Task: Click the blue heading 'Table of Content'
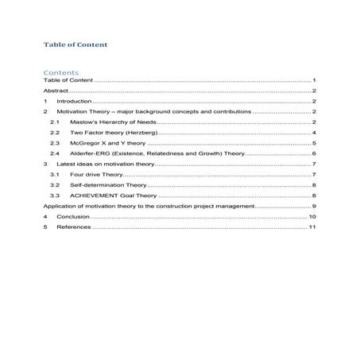coord(76,45)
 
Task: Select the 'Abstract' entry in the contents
coord(56,91)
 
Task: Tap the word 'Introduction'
coord(75,102)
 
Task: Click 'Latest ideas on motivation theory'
coord(104,164)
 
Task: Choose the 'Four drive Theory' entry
coord(96,174)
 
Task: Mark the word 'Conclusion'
coord(73,216)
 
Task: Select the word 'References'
coord(74,227)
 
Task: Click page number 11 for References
coord(313,227)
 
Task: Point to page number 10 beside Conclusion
coord(313,216)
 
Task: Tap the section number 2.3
coord(54,143)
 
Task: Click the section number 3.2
coord(54,184)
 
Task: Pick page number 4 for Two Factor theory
coord(315,133)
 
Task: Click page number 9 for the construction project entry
coord(315,205)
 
